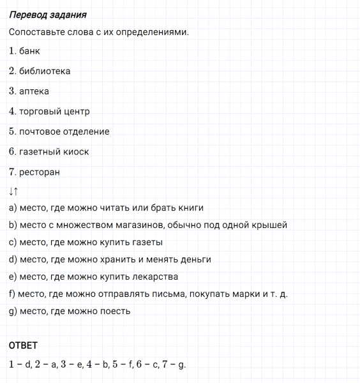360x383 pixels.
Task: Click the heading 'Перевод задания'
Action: [48, 15]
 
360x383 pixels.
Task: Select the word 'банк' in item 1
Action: [30, 51]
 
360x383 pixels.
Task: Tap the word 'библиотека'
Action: [45, 71]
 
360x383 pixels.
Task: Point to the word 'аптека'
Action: [34, 91]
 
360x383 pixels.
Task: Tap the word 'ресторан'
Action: [40, 172]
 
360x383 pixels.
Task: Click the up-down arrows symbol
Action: [14, 191]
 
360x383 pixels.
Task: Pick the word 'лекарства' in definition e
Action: [157, 277]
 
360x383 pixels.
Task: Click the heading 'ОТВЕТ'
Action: [24, 345]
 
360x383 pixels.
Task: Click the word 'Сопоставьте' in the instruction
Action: [35, 32]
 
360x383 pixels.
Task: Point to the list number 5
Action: [12, 131]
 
